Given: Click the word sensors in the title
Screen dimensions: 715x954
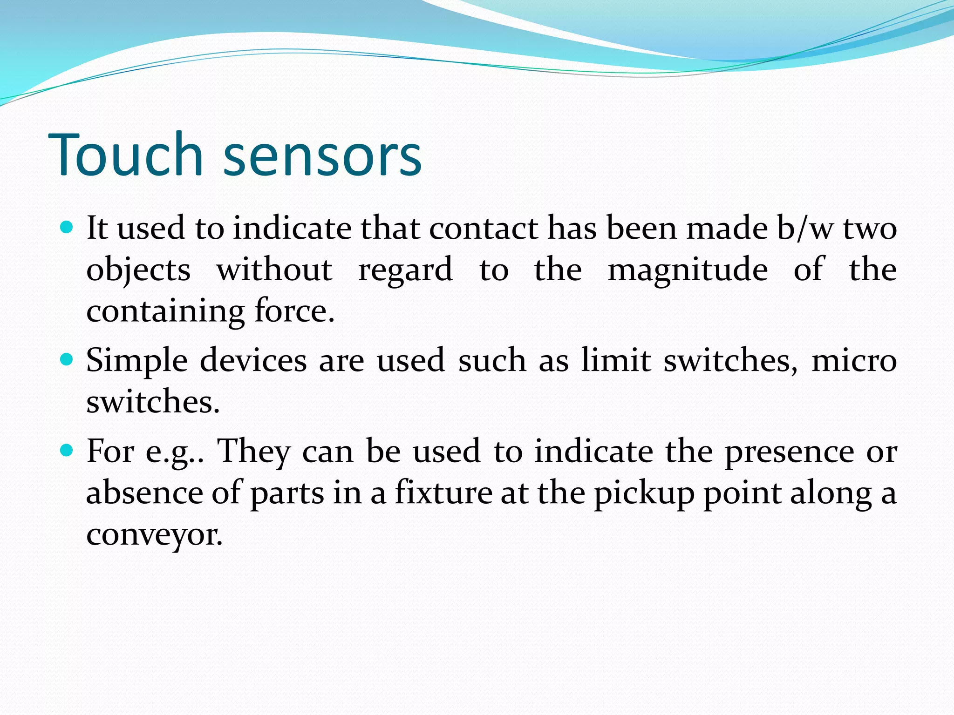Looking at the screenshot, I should click(322, 157).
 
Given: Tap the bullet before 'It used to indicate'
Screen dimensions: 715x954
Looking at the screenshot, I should click(67, 228).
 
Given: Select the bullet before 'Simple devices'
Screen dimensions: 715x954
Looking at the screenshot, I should click(67, 360).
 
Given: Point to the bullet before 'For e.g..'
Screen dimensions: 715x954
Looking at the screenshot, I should click(67, 450).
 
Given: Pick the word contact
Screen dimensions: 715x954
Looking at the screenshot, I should click(483, 229).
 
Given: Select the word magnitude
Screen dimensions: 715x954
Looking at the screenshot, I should click(688, 270).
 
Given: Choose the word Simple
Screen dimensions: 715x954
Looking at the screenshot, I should click(137, 361).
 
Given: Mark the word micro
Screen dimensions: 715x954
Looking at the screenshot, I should click(854, 361).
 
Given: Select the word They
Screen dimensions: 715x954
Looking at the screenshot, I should click(254, 452).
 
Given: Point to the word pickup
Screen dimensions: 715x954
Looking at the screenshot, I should click(644, 493).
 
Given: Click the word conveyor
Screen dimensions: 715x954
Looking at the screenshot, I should click(154, 535).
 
